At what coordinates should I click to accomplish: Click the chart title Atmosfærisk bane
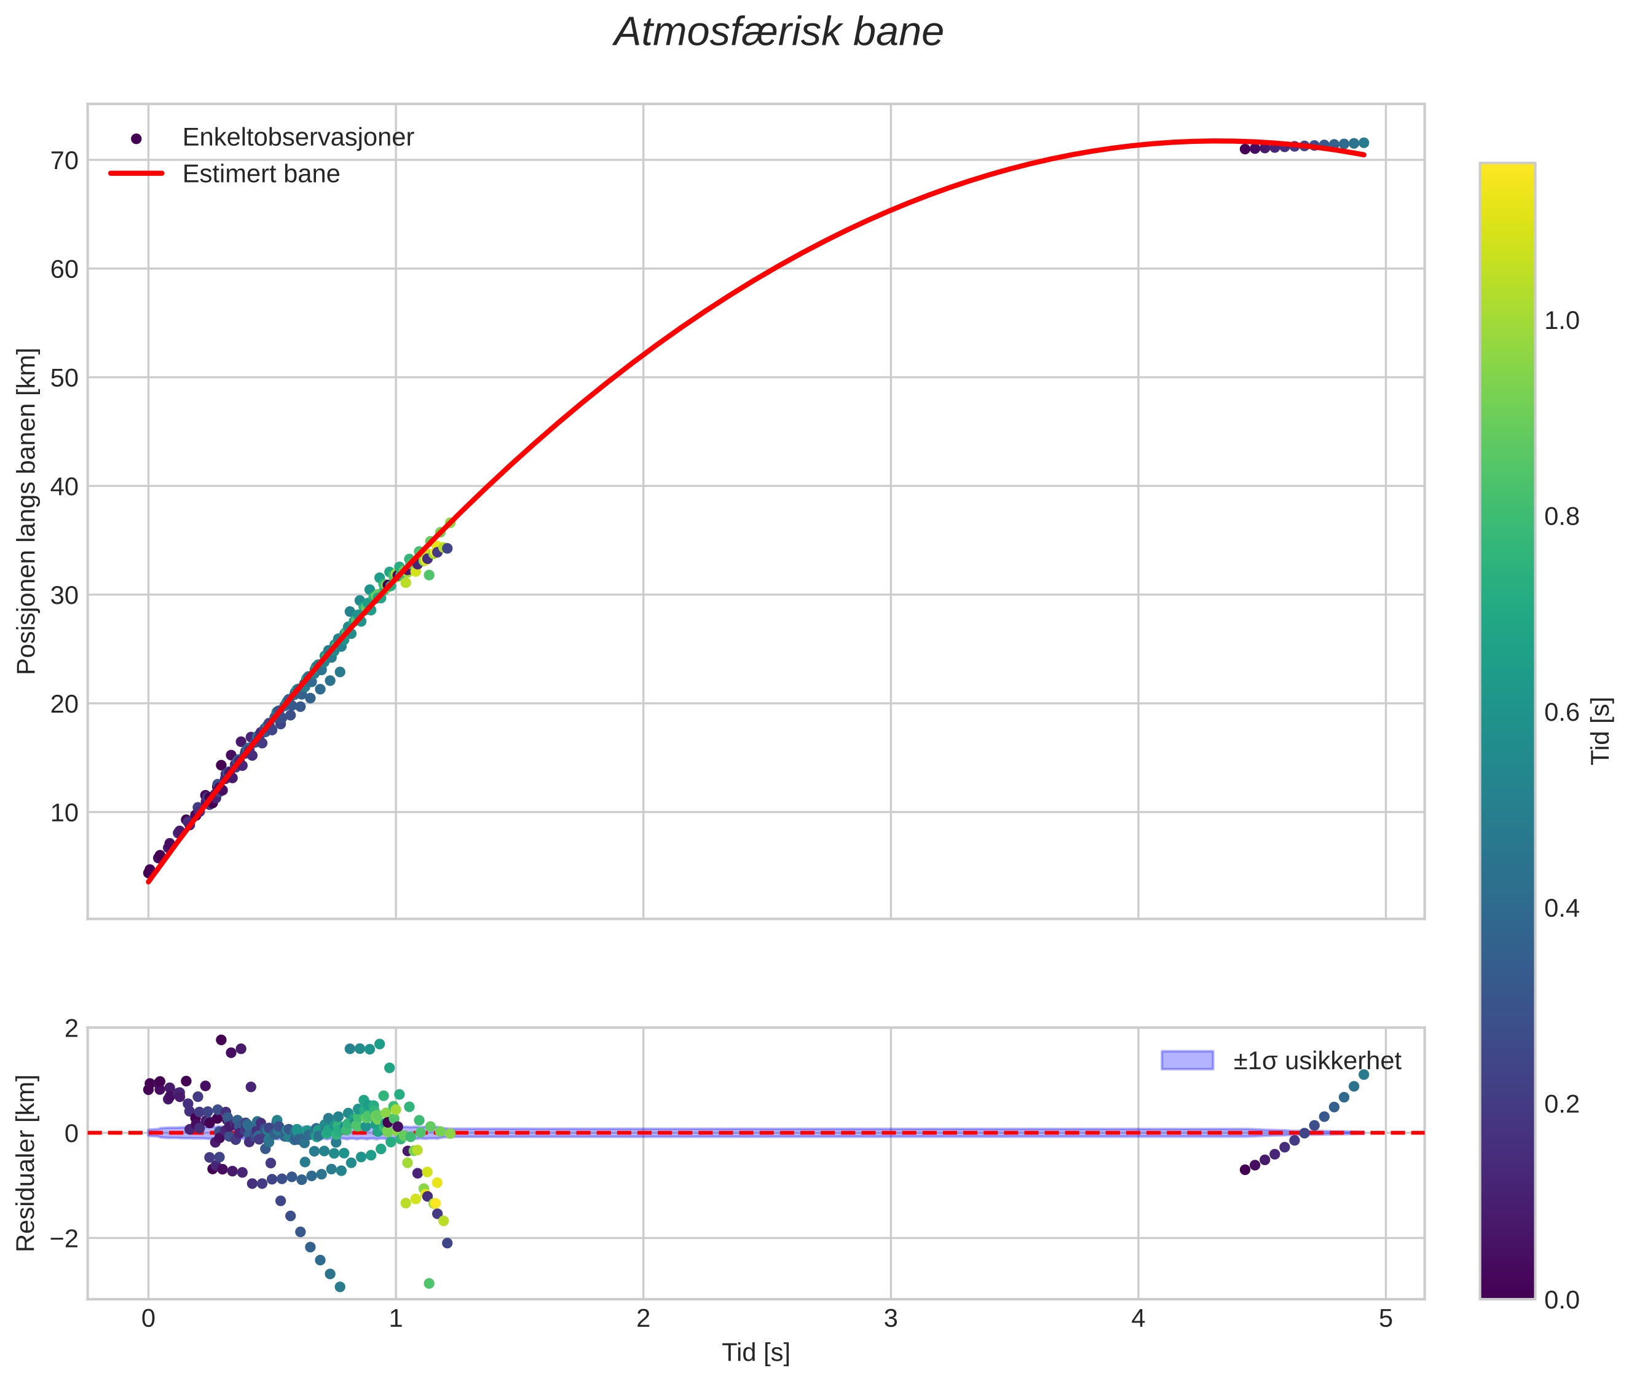pos(778,33)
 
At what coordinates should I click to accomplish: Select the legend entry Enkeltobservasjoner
pos(298,137)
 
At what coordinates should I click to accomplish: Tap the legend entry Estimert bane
pos(261,174)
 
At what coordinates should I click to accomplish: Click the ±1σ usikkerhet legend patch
pos(1187,1061)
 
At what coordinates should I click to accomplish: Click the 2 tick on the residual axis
pos(71,1028)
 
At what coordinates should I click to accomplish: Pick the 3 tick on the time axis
pos(891,1319)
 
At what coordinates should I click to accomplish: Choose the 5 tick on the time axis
pos(1386,1319)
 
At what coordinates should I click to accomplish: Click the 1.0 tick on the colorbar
pos(1561,321)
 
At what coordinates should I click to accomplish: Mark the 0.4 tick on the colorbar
pos(1561,908)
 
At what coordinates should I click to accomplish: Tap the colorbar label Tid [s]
pos(1601,730)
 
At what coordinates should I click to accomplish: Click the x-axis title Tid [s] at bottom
pos(755,1353)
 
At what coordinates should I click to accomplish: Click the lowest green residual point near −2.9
pos(429,1283)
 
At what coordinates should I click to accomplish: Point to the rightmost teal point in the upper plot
pos(1363,143)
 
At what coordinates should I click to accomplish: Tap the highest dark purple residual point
pos(221,1040)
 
